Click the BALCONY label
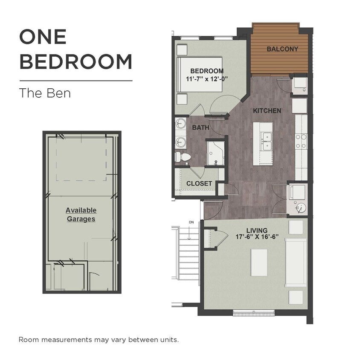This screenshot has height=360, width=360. tap(282, 49)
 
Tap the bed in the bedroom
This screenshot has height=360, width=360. tap(199, 75)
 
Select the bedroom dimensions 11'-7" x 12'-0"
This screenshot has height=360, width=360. tap(206, 79)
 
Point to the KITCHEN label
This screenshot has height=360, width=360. tap(267, 110)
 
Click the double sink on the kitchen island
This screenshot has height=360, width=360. tap(267, 142)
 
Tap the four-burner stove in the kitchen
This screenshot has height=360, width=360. tap(301, 141)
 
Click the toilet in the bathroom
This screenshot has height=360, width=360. tap(183, 157)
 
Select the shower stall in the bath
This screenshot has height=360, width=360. tap(215, 154)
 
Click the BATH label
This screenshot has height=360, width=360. tap(200, 128)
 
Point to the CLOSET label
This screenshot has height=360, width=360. tap(199, 183)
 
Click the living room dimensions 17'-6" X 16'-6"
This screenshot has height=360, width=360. tap(257, 237)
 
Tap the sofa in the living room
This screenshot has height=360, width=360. tap(296, 263)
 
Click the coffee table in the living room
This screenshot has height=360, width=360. tap(259, 263)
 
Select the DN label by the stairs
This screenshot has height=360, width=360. tap(191, 222)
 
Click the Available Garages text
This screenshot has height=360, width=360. tap(81, 215)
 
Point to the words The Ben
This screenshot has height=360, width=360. tap(45, 93)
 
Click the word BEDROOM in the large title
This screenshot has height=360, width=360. tap(76, 61)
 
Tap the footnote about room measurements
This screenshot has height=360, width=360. tap(99, 340)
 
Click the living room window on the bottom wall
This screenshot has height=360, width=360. tap(254, 313)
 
